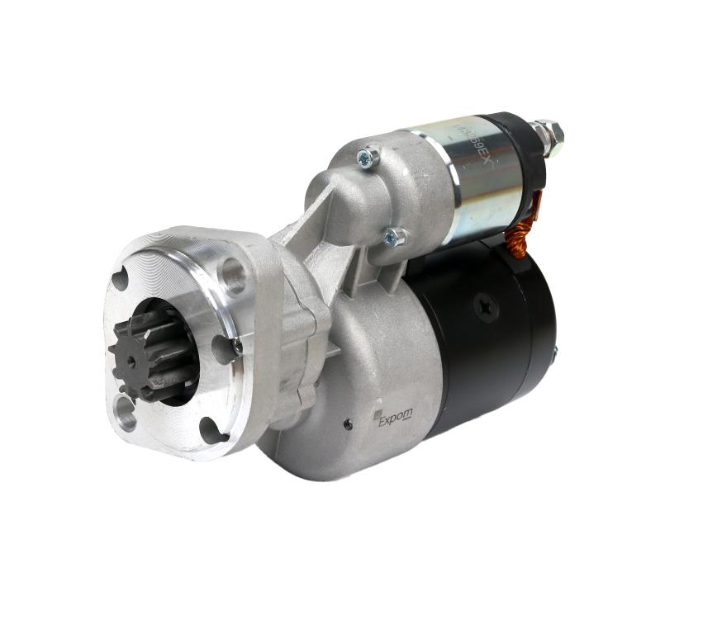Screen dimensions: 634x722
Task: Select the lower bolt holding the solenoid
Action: [394, 238]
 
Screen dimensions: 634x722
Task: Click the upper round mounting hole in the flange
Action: [232, 276]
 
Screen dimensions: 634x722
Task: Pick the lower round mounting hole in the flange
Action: [126, 414]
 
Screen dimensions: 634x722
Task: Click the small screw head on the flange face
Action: [236, 348]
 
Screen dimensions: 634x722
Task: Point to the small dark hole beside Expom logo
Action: [348, 424]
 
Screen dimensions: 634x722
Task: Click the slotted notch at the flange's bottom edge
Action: [211, 429]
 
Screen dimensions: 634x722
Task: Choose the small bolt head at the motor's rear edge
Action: [555, 352]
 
